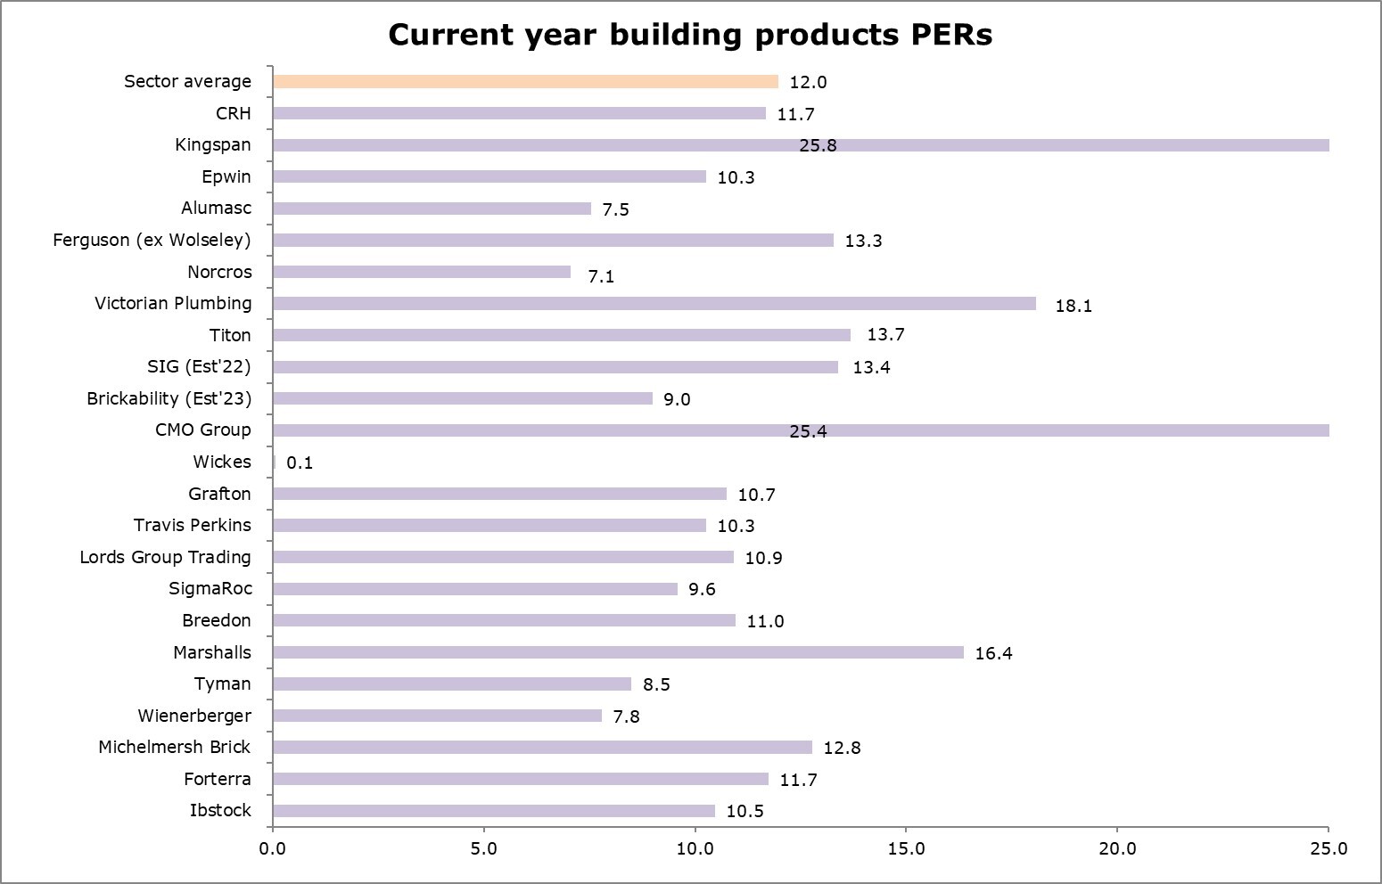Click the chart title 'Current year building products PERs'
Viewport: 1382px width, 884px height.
click(690, 35)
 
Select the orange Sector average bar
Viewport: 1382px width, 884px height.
click(525, 82)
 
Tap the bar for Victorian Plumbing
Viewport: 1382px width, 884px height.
click(654, 304)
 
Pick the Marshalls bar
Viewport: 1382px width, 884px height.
click(618, 652)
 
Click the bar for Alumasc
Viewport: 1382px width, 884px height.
click(432, 209)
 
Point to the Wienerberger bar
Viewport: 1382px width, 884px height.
click(437, 716)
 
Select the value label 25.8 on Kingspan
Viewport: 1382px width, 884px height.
click(818, 145)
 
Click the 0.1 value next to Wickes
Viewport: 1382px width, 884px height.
click(300, 462)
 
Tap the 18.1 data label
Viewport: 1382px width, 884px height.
click(1074, 306)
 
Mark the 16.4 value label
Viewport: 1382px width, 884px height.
click(993, 653)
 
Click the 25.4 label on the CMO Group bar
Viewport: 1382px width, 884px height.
click(808, 431)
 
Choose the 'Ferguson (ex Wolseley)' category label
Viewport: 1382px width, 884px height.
click(152, 240)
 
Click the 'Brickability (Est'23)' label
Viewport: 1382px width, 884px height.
click(169, 398)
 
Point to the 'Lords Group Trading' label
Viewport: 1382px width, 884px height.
click(165, 557)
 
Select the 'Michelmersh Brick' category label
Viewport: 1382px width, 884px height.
click(174, 747)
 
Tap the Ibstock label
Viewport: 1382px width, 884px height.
click(220, 810)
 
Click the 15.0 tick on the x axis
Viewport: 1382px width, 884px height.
click(906, 848)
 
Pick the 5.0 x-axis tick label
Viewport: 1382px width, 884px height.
click(483, 848)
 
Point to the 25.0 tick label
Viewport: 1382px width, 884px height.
click(1329, 848)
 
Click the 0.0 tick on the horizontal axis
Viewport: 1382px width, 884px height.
click(273, 848)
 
